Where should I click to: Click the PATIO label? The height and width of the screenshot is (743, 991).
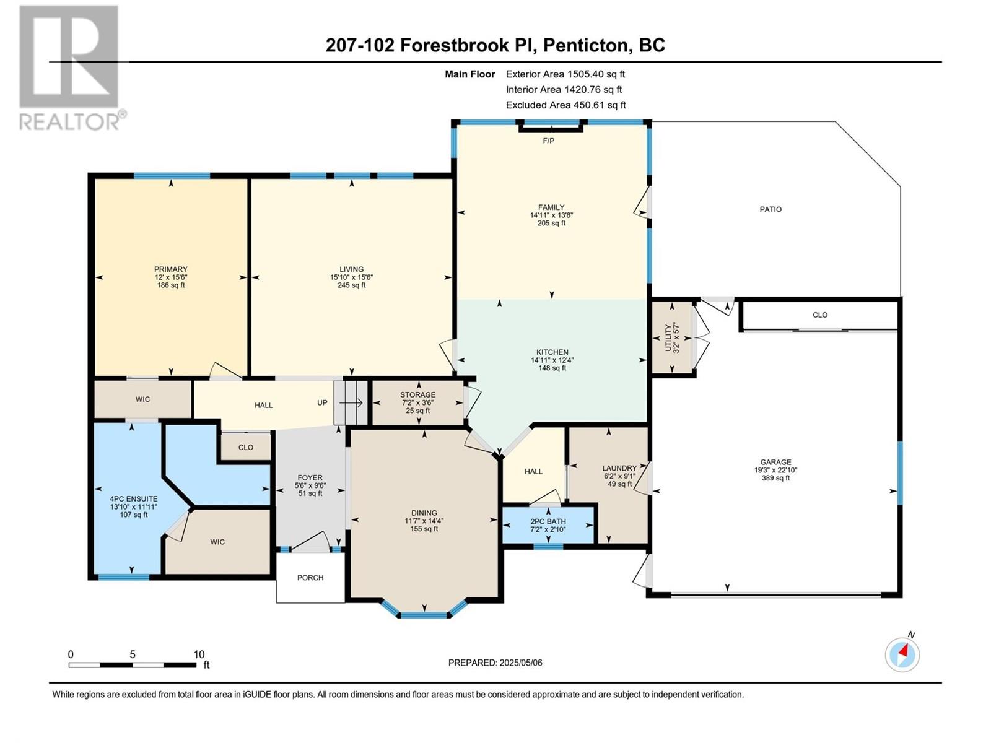(771, 209)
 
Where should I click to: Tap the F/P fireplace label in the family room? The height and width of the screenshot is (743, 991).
(549, 141)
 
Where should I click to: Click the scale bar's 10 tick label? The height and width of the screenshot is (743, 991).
(199, 654)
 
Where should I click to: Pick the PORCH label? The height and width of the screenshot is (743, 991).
(310, 578)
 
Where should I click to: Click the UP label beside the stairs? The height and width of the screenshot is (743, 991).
(322, 402)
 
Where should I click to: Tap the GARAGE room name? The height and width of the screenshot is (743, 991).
(775, 462)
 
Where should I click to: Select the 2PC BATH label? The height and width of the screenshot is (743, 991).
(548, 521)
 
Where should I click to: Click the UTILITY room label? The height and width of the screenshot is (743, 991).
(668, 337)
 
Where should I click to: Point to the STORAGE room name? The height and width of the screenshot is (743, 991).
(417, 395)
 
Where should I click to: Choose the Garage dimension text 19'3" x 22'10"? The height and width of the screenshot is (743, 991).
(775, 469)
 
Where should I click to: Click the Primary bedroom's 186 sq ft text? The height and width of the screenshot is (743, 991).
(171, 285)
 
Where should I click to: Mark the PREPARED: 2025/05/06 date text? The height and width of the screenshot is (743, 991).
(495, 663)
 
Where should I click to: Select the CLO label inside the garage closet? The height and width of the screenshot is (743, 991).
(820, 315)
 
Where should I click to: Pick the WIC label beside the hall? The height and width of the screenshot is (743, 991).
(142, 399)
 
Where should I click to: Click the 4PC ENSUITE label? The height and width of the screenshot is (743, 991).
(134, 499)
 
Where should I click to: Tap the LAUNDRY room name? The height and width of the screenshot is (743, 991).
(619, 468)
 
